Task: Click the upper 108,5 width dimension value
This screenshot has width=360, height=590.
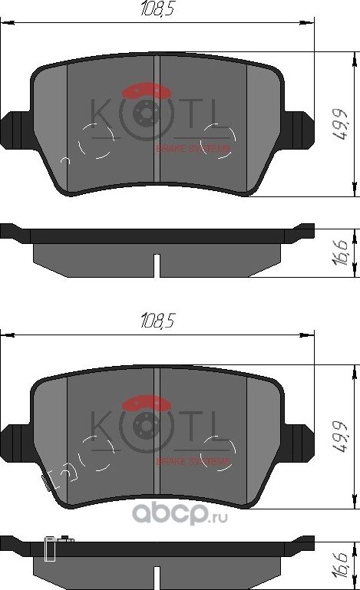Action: point(157,10)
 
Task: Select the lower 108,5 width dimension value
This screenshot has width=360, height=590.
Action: point(157,322)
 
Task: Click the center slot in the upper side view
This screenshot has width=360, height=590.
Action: point(157,265)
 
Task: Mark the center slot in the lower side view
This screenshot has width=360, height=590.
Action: point(157,577)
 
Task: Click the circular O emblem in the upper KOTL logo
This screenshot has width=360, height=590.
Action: point(144,114)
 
